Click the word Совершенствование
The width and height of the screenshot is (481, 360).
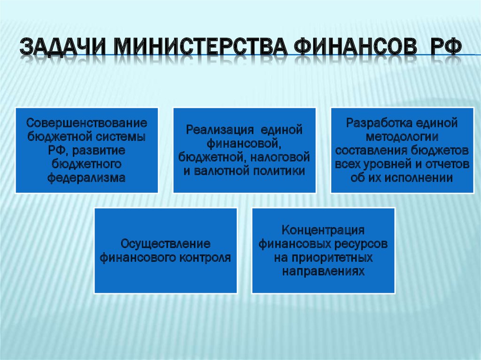pos(87,123)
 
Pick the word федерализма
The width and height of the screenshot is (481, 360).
pos(86,178)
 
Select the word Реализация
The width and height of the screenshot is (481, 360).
pos(220,130)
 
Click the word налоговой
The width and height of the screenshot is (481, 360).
pos(280,157)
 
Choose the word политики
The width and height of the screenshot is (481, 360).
pos(281,171)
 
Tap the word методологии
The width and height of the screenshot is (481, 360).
pos(402,137)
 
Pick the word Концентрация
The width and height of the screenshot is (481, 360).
pos(323,230)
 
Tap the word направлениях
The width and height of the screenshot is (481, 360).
pos(323,271)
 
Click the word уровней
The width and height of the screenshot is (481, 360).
pos(388,165)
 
